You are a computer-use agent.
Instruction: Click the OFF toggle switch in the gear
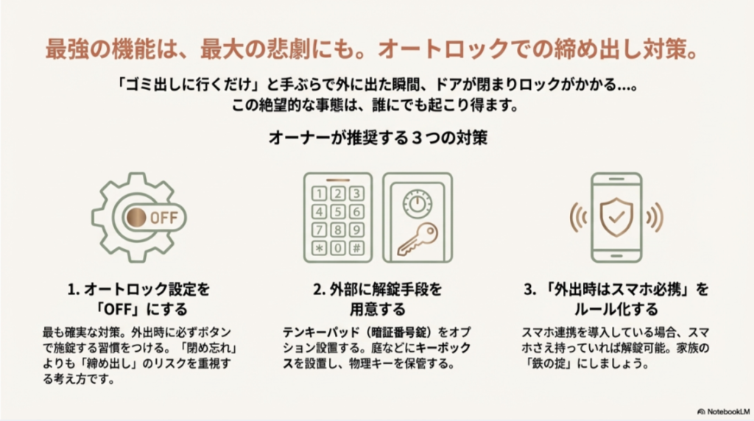(x=151, y=217)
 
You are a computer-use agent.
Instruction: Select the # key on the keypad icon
(x=356, y=247)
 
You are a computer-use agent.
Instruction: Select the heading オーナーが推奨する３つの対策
(x=376, y=138)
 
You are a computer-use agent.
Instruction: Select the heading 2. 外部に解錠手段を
(x=377, y=289)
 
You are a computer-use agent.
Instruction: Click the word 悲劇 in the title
(x=254, y=50)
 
